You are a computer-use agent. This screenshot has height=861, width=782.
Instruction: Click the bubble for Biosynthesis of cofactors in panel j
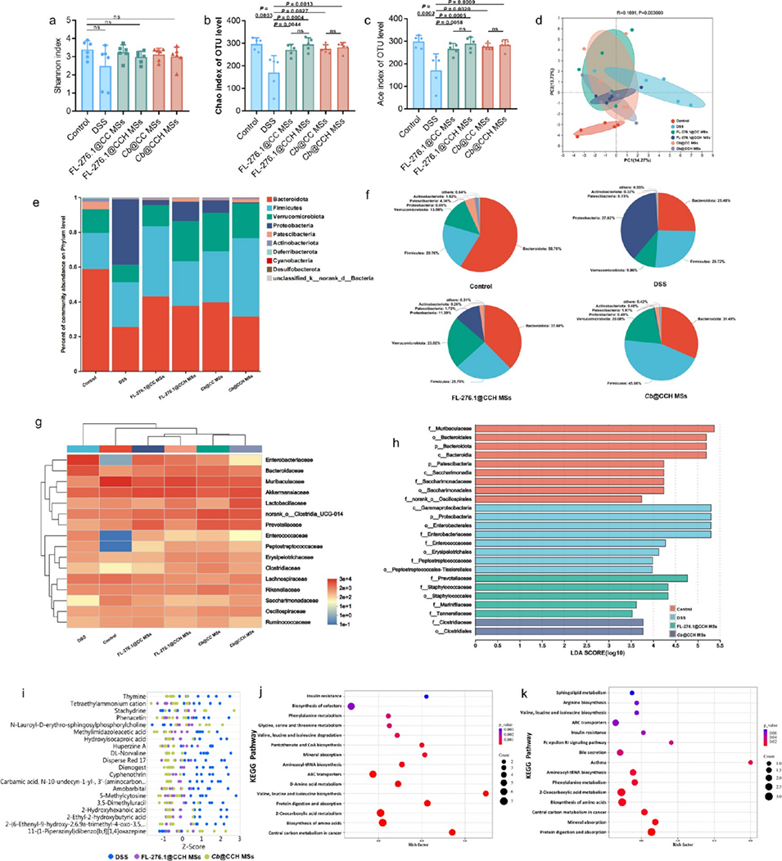pyautogui.click(x=351, y=705)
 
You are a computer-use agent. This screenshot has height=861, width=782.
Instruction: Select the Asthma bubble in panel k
pyautogui.click(x=750, y=762)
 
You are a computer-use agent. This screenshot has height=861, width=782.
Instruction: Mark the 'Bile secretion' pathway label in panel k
pyautogui.click(x=594, y=751)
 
